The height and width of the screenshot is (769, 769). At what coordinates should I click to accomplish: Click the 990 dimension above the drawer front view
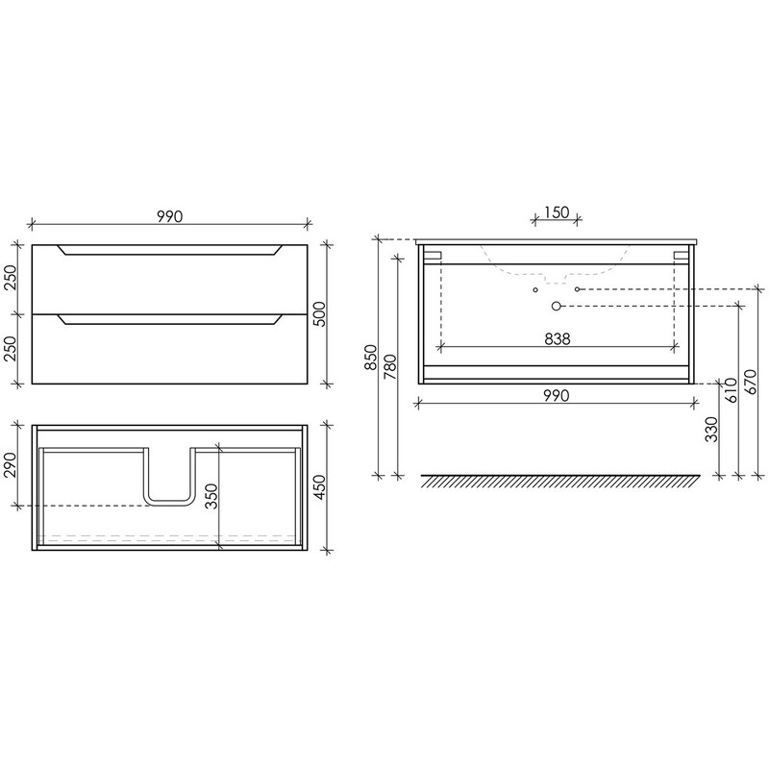(x=170, y=216)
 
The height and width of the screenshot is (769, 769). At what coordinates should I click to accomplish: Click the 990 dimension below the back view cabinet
(x=557, y=395)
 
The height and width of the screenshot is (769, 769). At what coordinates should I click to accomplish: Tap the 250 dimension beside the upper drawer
(x=11, y=278)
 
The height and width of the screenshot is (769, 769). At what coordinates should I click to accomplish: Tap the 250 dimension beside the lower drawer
(x=11, y=348)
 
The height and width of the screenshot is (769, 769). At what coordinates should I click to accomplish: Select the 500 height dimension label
(x=319, y=314)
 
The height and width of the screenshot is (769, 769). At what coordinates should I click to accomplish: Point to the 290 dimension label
(x=11, y=464)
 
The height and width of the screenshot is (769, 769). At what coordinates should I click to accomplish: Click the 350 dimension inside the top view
(x=211, y=496)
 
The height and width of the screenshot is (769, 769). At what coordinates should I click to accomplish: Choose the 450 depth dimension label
(x=319, y=487)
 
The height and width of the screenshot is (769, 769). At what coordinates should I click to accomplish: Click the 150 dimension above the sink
(x=558, y=212)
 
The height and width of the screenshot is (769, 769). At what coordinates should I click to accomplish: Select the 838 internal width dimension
(x=558, y=338)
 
